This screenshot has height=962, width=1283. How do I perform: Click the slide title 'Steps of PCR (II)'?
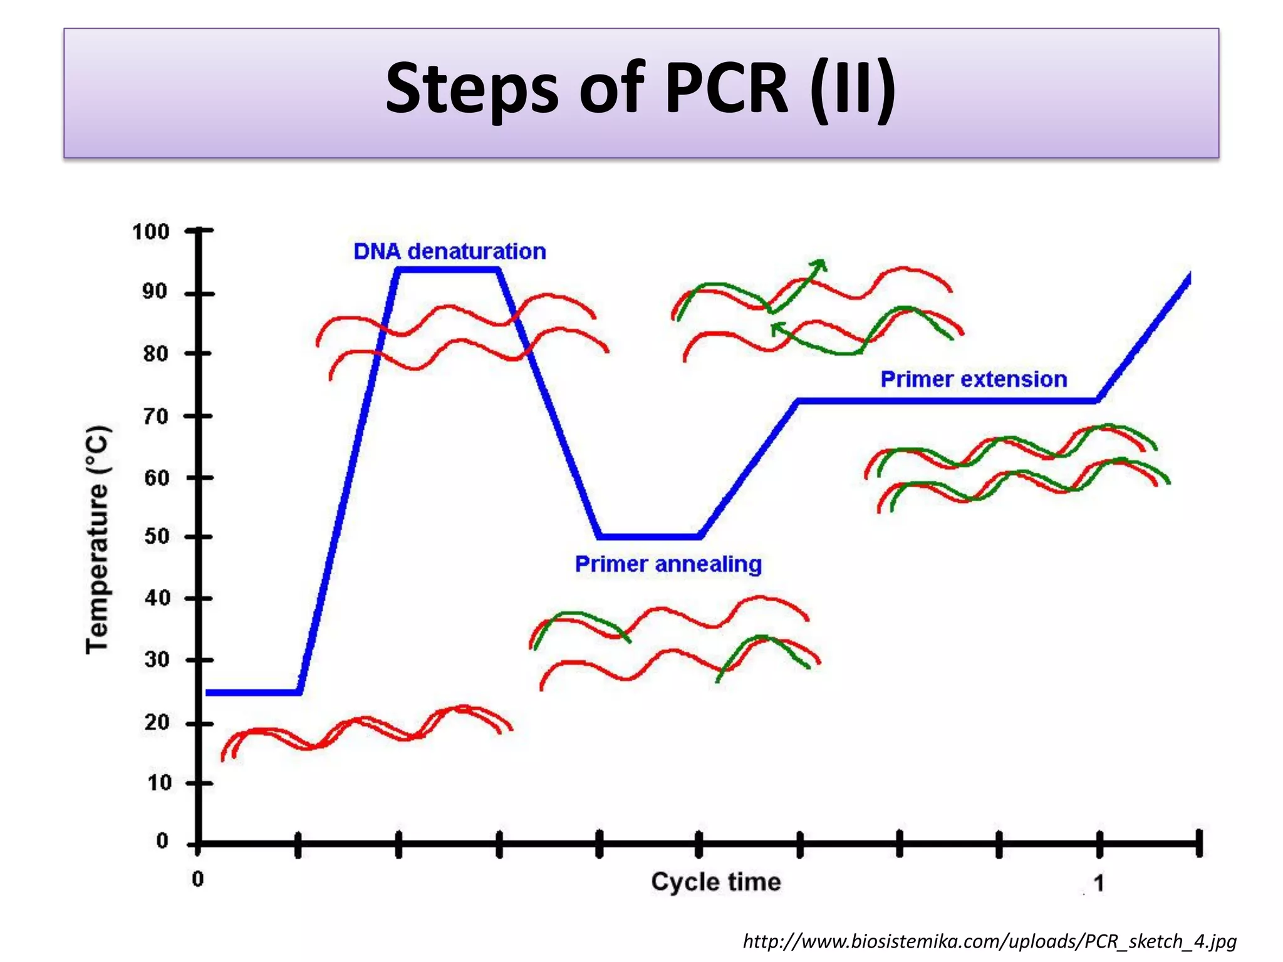(640, 89)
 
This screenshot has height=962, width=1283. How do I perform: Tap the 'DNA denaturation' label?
(449, 252)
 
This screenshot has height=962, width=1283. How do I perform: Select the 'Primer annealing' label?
(668, 564)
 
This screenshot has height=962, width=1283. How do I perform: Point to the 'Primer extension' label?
(973, 380)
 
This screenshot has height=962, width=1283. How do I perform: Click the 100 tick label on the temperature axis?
(150, 232)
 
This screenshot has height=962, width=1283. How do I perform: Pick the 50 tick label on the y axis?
(157, 537)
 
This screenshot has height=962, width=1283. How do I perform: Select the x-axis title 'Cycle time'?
(715, 882)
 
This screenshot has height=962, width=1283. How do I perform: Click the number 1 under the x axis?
(1098, 883)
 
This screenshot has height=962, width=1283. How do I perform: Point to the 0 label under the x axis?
(197, 879)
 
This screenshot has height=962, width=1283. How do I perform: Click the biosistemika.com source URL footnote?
(989, 941)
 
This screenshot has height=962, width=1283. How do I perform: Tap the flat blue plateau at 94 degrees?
(448, 270)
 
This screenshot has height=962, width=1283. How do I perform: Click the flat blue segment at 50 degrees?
(649, 537)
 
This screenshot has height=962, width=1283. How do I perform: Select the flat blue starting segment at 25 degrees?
(253, 693)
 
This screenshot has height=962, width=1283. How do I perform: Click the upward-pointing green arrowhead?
(819, 265)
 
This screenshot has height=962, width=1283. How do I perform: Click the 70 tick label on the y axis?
(156, 416)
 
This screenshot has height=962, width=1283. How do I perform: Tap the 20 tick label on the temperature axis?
(157, 723)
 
